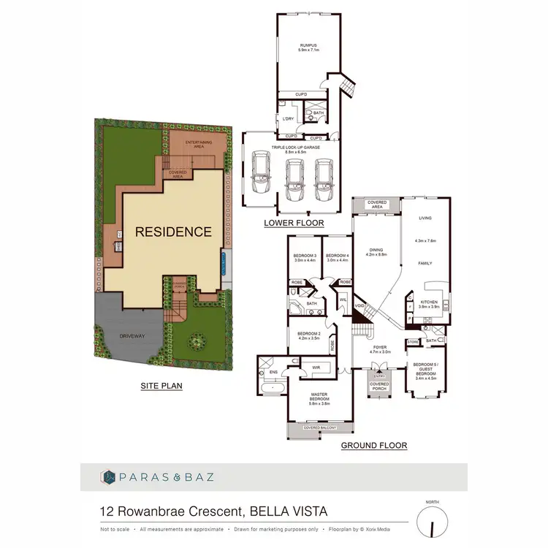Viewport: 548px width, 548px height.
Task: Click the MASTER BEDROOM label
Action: [x=320, y=400]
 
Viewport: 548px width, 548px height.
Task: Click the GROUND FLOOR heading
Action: [x=373, y=445]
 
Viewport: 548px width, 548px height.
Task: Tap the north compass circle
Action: [x=432, y=522]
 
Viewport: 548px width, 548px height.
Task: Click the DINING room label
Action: [x=377, y=251]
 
